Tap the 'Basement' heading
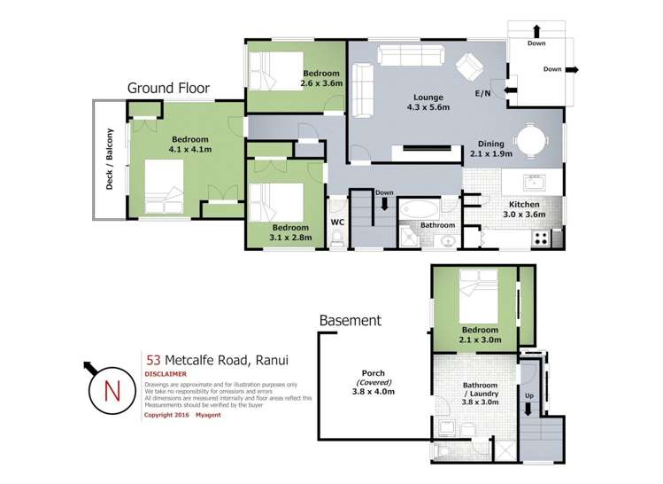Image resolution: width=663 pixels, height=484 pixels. point(350,320)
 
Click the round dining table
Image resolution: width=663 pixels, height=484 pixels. point(532,140)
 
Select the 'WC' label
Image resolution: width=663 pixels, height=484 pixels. point(336,222)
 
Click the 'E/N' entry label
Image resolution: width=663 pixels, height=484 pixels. point(483,93)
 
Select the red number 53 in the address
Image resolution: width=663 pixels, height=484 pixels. point(153,360)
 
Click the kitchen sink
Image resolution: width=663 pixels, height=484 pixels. point(535,184)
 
